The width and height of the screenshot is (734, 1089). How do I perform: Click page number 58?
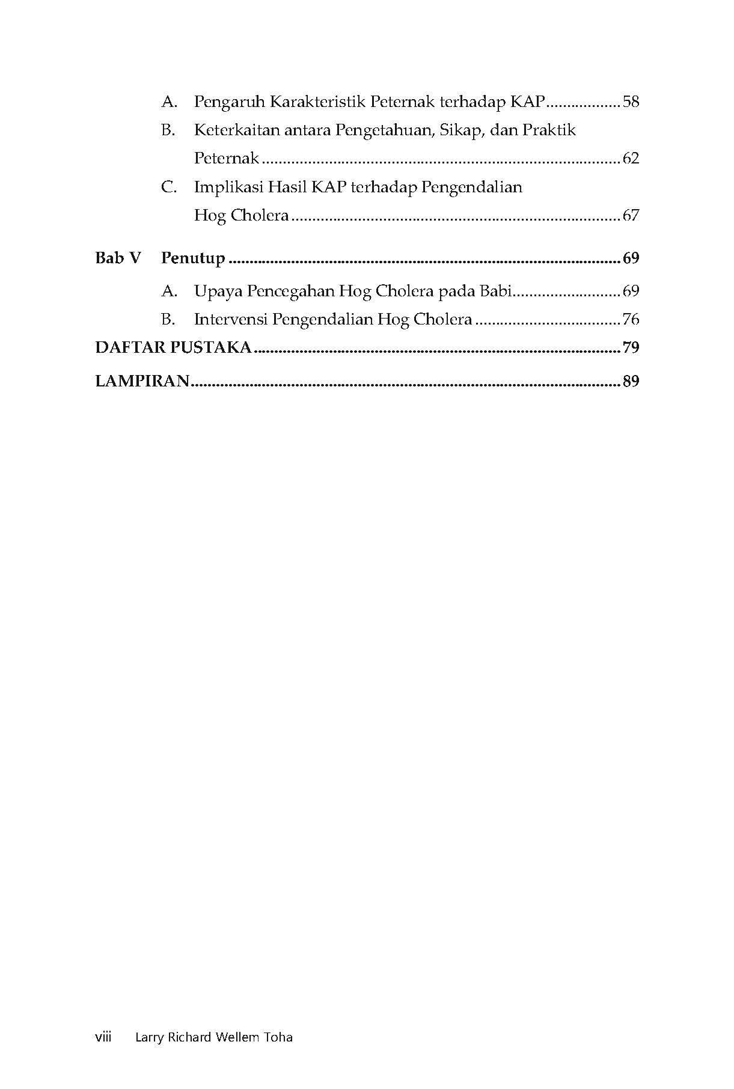point(631,102)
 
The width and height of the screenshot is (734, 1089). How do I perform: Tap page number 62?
point(631,159)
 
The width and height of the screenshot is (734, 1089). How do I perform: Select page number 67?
point(631,216)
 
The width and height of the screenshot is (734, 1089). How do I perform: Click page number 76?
point(631,319)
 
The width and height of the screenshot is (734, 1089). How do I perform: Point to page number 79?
point(631,348)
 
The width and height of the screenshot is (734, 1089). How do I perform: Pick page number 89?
point(631,382)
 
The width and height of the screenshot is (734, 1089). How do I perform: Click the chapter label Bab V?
point(118,258)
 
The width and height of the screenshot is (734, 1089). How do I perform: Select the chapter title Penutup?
point(193,259)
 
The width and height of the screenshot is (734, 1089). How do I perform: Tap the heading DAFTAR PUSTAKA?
point(173,348)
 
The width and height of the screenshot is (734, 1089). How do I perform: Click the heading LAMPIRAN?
point(142,382)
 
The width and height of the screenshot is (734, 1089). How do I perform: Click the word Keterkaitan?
point(237,130)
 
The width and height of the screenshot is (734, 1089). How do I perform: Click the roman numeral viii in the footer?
point(103,1037)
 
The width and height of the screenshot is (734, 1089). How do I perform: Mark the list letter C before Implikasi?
point(168,188)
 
